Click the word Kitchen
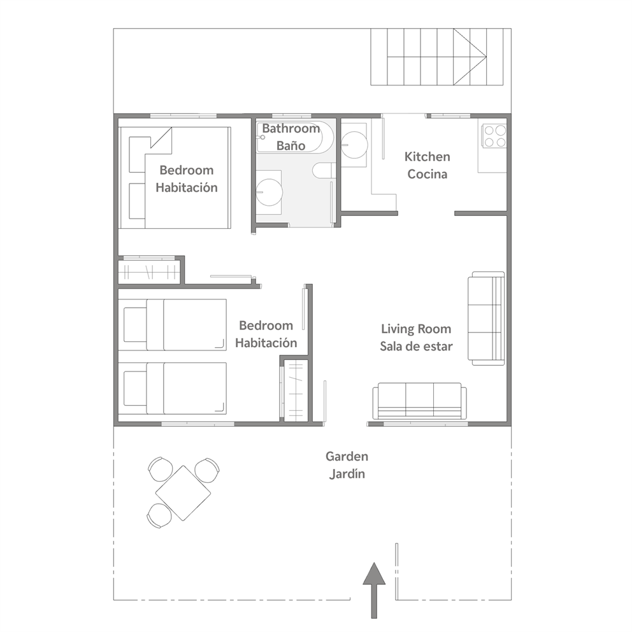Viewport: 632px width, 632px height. click(427, 156)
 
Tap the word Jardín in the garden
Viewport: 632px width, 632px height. click(347, 474)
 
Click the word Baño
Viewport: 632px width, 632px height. click(291, 145)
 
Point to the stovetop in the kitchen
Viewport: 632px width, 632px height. click(494, 136)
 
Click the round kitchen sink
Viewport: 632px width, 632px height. click(354, 145)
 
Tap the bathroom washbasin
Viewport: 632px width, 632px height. click(269, 192)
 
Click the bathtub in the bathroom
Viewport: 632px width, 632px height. click(295, 136)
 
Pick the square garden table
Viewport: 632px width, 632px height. click(183, 492)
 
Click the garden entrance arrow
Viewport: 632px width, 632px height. click(374, 590)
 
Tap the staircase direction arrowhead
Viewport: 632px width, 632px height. click(470, 57)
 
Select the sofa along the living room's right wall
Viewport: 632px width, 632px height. click(486, 319)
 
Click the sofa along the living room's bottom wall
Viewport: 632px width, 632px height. click(420, 401)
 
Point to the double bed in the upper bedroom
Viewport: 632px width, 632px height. click(175, 178)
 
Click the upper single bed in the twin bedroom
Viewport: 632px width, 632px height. click(172, 324)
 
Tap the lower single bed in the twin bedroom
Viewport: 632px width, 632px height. click(172, 388)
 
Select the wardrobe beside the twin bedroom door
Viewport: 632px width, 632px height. click(296, 391)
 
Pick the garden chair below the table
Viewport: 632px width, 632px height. click(159, 516)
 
